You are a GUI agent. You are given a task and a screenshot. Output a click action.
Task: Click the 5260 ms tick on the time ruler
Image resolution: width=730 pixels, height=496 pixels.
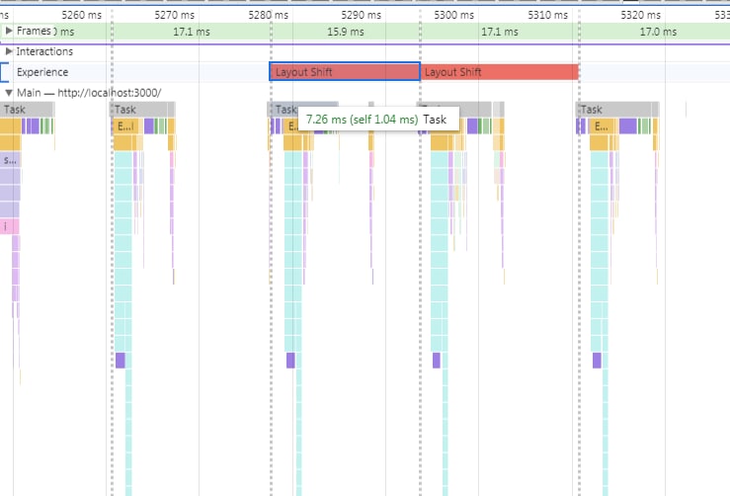click(x=80, y=15)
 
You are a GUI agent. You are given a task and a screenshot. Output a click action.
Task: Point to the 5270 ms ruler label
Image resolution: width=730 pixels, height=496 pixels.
click(x=176, y=15)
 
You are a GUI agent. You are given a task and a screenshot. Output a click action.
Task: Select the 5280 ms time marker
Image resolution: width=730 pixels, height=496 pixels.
click(x=270, y=15)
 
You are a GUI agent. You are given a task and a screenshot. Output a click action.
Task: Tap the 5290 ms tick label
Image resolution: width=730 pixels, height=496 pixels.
click(x=365, y=15)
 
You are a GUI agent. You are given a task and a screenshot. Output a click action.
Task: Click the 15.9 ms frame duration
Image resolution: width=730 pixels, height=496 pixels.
click(x=345, y=32)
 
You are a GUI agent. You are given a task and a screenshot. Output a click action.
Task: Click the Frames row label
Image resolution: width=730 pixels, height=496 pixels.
click(x=34, y=32)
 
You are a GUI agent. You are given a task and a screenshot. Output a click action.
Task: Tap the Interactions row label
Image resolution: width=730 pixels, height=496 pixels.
click(x=44, y=51)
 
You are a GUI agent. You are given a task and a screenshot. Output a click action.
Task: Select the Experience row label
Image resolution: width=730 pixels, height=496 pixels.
click(x=42, y=72)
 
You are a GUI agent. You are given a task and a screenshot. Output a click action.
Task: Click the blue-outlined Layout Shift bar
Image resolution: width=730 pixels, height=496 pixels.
click(x=345, y=72)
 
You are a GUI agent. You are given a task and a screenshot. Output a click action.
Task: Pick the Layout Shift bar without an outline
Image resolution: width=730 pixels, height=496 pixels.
click(x=500, y=72)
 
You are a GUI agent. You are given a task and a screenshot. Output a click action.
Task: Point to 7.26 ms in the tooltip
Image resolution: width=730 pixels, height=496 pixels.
click(x=327, y=119)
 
